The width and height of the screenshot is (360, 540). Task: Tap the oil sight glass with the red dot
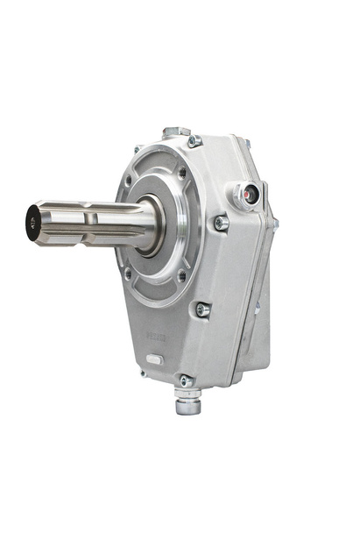tap(251, 195)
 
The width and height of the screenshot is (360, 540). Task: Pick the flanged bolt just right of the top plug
tap(194, 140)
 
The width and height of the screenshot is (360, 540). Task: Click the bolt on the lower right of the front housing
tap(202, 309)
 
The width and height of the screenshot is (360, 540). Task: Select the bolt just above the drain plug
tap(186, 380)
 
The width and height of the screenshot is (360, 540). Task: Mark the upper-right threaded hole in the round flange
tap(182, 174)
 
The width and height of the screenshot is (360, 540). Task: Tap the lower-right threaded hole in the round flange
tap(181, 277)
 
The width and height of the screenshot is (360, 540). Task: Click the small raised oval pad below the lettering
tap(154, 359)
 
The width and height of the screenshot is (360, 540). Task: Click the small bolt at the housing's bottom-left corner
tap(141, 372)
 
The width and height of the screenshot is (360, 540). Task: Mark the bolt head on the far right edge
tap(274, 224)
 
